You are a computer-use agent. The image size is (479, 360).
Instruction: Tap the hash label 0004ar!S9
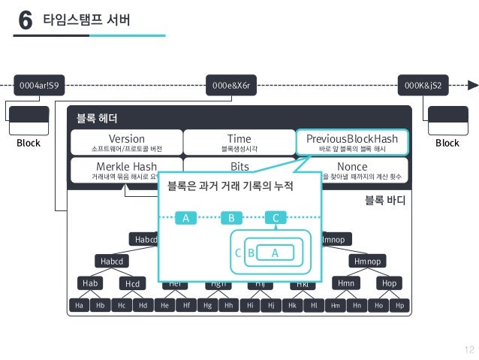point(37,86)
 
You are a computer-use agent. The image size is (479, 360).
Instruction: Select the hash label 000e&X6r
point(235,86)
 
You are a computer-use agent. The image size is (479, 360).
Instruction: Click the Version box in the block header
point(126,142)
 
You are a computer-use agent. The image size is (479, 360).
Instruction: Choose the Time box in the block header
point(239,142)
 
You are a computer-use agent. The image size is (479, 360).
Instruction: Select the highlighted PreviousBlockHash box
point(352,142)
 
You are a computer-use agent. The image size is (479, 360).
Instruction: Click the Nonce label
point(352,165)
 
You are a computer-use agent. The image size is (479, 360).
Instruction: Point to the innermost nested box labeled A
point(275,253)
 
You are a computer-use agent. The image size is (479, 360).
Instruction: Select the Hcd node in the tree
point(133,283)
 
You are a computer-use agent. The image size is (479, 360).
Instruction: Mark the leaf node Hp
point(400,306)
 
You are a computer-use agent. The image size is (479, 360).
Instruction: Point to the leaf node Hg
point(207,306)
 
